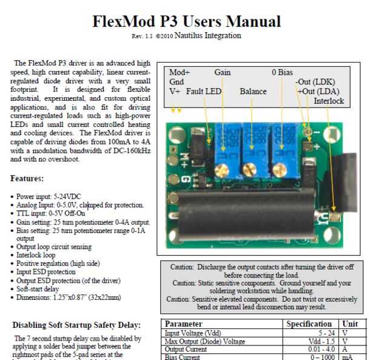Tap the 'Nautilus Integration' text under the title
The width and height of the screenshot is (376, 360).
pyautogui.click(x=207, y=36)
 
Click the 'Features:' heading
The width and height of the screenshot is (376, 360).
pyautogui.click(x=27, y=179)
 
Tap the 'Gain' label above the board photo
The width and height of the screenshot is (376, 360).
pyautogui.click(x=223, y=72)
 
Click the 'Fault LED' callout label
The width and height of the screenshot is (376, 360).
pyautogui.click(x=204, y=92)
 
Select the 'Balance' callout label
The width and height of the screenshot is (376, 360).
pyautogui.click(x=253, y=92)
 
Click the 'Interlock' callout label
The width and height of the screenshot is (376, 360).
pyautogui.click(x=329, y=101)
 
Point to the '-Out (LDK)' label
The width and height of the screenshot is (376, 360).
pyautogui.click(x=315, y=82)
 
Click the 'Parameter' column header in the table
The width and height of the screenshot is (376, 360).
pyautogui.click(x=184, y=324)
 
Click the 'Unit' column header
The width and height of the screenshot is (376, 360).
pyautogui.click(x=352, y=324)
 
